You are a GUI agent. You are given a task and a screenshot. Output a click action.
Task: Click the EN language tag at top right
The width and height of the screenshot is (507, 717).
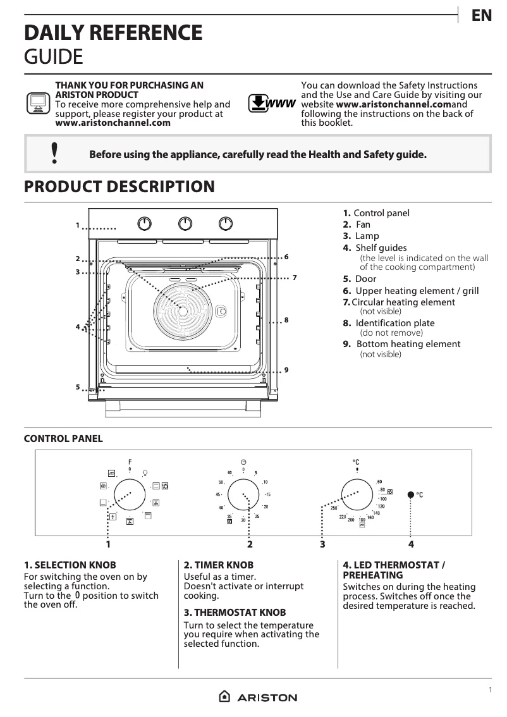[x=482, y=16]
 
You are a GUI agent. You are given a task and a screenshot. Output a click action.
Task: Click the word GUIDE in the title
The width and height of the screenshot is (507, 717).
[x=53, y=57]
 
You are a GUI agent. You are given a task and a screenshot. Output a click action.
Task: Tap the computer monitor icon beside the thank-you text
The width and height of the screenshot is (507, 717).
[x=38, y=102]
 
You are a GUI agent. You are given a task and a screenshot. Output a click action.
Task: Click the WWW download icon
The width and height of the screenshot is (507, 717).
[x=271, y=104]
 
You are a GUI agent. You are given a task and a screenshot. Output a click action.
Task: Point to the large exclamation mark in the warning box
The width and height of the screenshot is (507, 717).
[x=55, y=154]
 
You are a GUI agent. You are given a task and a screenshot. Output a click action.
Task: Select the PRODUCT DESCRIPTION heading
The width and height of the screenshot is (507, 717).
[x=119, y=187]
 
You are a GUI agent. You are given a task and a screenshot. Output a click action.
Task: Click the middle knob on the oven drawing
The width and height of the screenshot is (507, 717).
[x=185, y=223]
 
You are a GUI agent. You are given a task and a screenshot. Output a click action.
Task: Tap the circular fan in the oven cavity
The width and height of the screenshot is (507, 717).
[x=183, y=310]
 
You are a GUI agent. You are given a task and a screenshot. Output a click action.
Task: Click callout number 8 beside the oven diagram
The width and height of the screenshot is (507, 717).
[x=286, y=321]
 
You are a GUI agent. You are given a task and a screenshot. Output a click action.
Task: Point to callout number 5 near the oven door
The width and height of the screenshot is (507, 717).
[x=78, y=387]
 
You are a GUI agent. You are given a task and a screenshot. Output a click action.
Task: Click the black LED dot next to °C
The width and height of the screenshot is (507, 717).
[x=411, y=494]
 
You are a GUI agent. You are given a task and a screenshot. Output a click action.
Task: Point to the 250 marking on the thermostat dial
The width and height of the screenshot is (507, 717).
[x=334, y=508]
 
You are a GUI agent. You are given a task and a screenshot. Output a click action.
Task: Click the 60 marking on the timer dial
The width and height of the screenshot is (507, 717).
[x=230, y=472]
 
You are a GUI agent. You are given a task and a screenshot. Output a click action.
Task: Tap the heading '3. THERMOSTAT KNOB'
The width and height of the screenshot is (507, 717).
[x=235, y=613]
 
